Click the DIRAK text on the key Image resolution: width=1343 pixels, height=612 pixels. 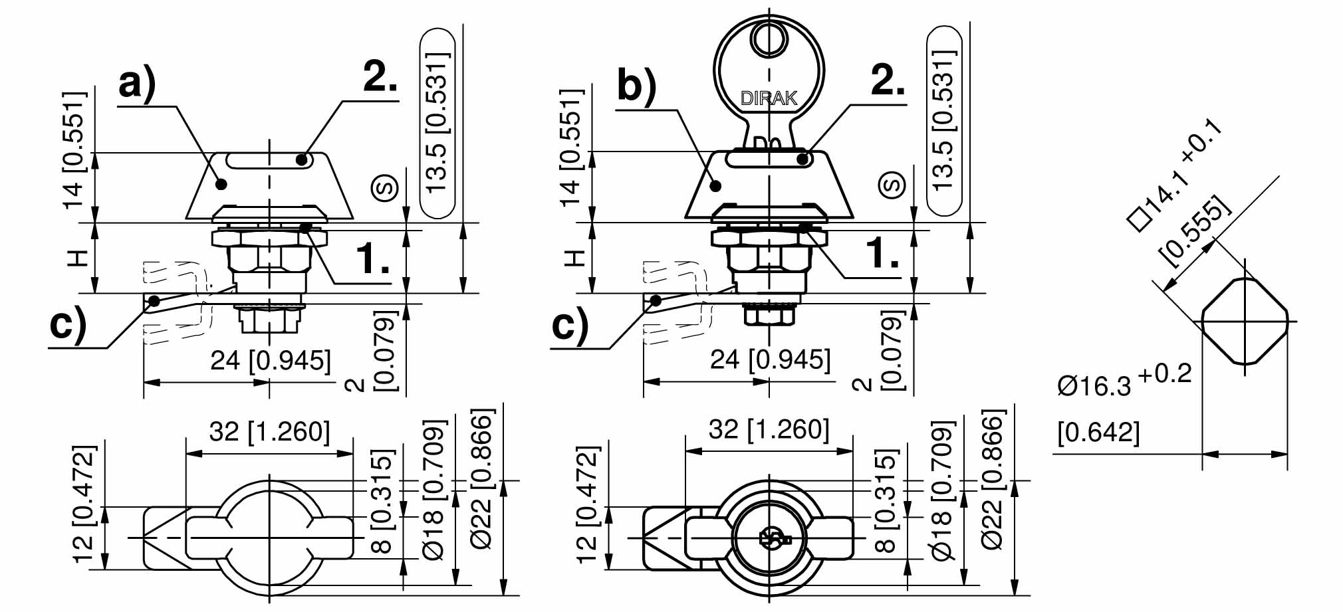769,99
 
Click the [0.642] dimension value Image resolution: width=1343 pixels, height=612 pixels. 1098,433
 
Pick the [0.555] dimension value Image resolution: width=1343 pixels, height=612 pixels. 1193,229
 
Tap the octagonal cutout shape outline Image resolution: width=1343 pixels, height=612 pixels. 1244,321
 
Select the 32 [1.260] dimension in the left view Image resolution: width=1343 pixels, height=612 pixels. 269,432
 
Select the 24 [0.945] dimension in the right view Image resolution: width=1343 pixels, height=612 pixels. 770,360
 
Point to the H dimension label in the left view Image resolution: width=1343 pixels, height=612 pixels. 78,258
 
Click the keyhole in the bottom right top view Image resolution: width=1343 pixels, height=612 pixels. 769,538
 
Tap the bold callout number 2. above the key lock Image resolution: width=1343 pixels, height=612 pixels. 887,80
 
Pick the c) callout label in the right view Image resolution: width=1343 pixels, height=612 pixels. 570,326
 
